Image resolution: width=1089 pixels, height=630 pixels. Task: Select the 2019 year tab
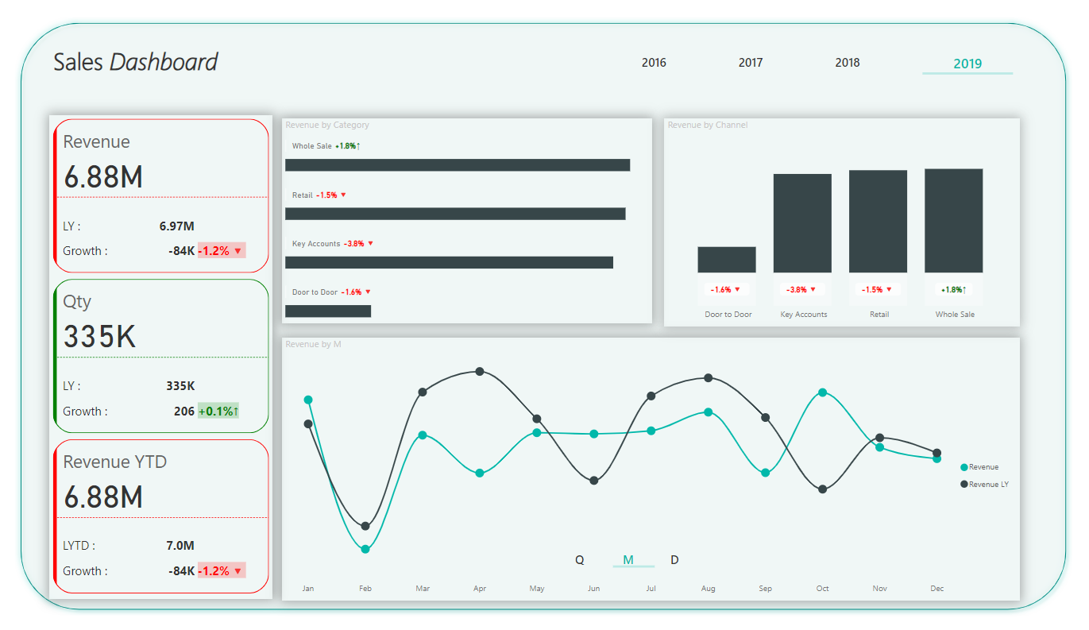click(x=967, y=64)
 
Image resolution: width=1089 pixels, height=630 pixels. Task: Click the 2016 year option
click(x=654, y=63)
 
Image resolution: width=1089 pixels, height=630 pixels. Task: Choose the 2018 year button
click(x=847, y=63)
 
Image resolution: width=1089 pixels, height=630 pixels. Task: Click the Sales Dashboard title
click(x=135, y=62)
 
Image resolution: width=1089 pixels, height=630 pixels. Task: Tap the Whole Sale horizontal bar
click(x=457, y=165)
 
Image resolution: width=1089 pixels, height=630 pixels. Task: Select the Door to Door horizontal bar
click(x=328, y=311)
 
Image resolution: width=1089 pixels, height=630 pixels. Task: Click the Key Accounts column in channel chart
click(x=802, y=223)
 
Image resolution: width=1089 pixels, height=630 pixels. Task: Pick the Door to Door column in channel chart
click(x=727, y=260)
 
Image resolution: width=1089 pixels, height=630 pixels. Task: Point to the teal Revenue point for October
click(x=822, y=392)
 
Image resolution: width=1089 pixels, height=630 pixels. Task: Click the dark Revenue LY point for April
click(x=480, y=372)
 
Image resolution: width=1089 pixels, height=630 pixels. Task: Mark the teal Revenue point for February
click(x=365, y=549)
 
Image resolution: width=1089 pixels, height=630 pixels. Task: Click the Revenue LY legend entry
click(x=987, y=484)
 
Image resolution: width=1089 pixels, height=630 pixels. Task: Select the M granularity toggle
click(x=628, y=560)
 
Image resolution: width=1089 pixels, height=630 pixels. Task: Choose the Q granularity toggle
click(x=580, y=560)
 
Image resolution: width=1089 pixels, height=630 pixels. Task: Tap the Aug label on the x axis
click(x=708, y=589)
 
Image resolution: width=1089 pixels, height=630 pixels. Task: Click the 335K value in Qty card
click(x=100, y=337)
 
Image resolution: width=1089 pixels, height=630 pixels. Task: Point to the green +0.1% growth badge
click(x=218, y=412)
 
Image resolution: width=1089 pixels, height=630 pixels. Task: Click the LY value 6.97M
click(x=177, y=226)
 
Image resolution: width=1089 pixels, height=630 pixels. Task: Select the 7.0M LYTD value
click(x=180, y=546)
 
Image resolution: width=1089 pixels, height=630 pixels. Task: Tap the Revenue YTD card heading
click(x=115, y=462)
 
